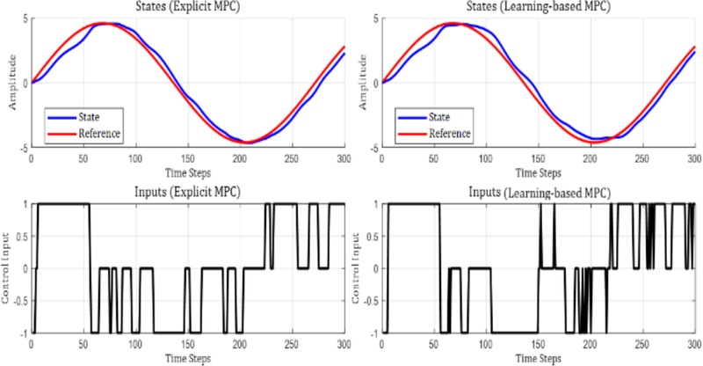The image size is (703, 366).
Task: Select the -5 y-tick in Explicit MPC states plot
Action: pos(24,147)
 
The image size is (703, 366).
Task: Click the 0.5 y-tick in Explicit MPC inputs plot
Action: pos(20,236)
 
